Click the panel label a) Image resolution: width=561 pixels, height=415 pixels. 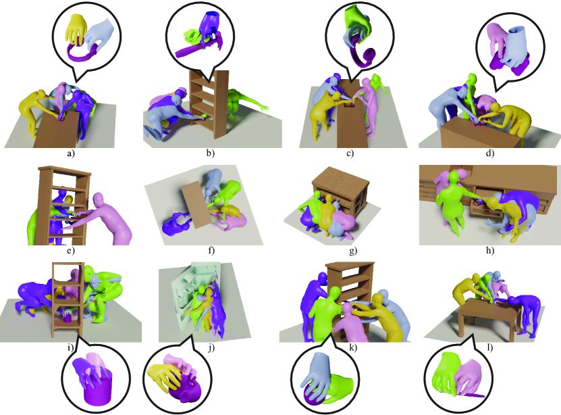[70, 153]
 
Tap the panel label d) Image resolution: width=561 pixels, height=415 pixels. [490, 153]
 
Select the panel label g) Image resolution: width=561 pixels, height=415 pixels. [353, 251]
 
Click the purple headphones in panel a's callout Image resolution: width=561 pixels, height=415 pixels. [82, 53]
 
